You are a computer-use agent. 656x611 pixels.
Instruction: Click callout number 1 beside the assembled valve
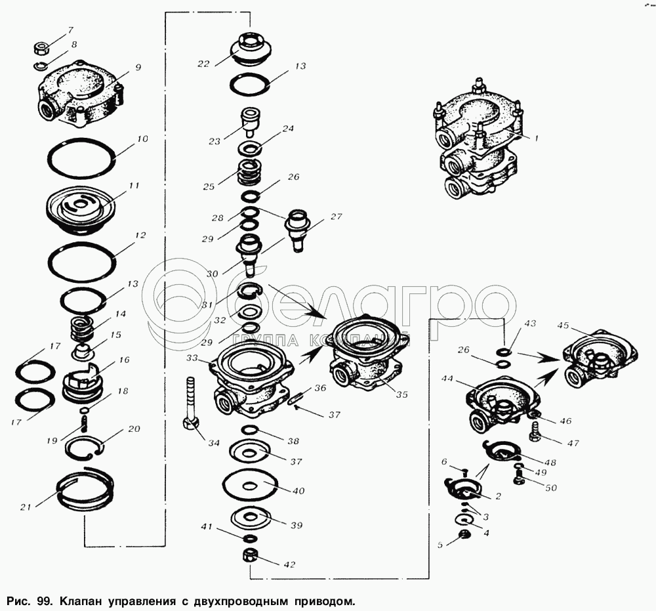pyautogui.click(x=535, y=138)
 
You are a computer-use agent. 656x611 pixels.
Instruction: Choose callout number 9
pyautogui.click(x=138, y=67)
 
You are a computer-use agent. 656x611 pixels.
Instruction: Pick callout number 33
pyautogui.click(x=192, y=359)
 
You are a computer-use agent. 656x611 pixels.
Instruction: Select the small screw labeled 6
pyautogui.click(x=464, y=471)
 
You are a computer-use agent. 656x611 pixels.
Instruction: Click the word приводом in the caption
pyautogui.click(x=317, y=600)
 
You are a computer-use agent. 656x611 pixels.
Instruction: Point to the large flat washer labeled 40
pyautogui.click(x=250, y=486)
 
